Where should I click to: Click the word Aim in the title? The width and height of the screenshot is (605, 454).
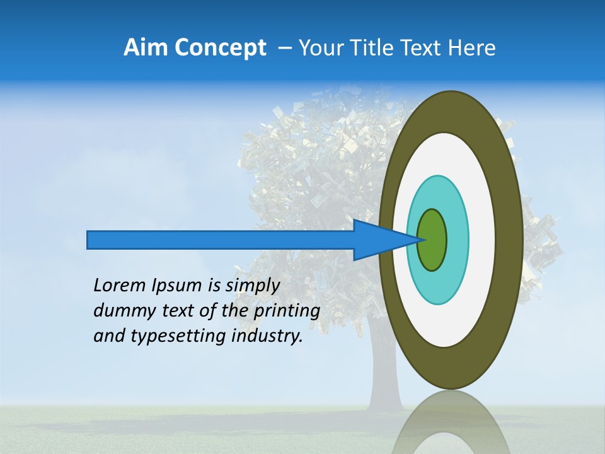[x=146, y=48]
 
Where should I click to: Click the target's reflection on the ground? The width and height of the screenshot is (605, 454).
[x=450, y=426]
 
